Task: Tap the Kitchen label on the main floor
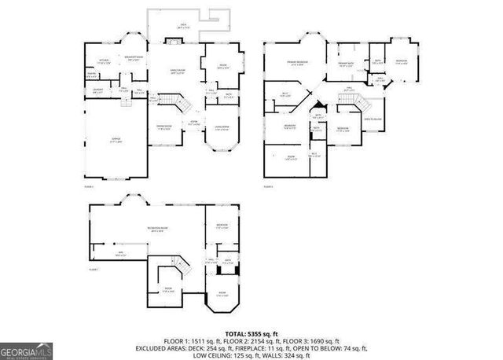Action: point(104,60)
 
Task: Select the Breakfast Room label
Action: point(130,57)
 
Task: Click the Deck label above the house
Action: point(183,26)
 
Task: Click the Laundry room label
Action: point(98,90)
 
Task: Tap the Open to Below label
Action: point(373,119)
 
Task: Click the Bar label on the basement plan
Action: point(120,254)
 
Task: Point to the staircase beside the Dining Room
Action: point(180,102)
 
